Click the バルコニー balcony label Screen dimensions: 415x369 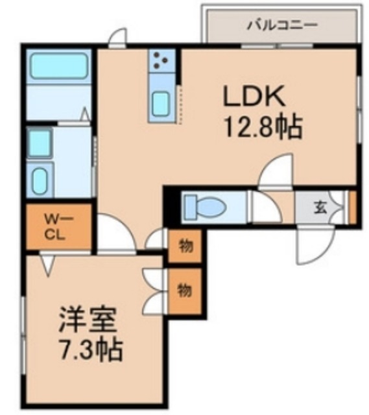coord(281,25)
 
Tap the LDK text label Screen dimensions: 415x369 coord(255,98)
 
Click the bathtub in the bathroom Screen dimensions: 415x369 coord(60,65)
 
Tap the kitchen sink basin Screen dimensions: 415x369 coord(160,102)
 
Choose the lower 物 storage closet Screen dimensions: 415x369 coord(185,290)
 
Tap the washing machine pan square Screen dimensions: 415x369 coord(40,143)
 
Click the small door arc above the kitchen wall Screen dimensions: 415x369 coord(117,38)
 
